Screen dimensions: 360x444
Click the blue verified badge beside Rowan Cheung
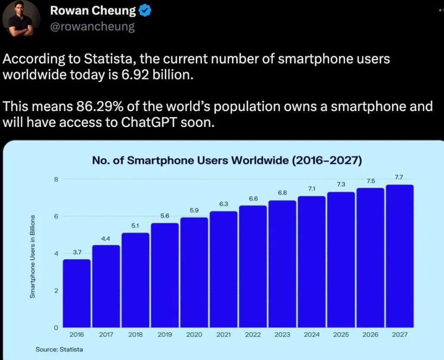click(144, 11)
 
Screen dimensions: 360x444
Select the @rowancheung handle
click(92, 27)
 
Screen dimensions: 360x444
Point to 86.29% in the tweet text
click(88, 106)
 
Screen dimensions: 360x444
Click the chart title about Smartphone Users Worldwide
click(227, 161)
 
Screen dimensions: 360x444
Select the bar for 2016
click(77, 293)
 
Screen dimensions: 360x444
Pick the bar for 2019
click(165, 275)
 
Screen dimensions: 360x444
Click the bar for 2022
click(253, 267)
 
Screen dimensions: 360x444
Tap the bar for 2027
click(399, 256)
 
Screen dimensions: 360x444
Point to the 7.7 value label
click(399, 177)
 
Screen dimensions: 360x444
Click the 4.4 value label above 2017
click(106, 238)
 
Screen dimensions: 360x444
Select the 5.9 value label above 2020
click(194, 210)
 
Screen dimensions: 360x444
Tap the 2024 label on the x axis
click(311, 335)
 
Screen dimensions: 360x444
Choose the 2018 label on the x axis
click(135, 335)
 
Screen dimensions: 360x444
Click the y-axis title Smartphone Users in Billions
click(32, 256)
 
